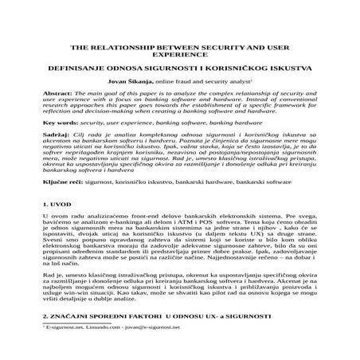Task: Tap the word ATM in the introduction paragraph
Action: click(x=194, y=225)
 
